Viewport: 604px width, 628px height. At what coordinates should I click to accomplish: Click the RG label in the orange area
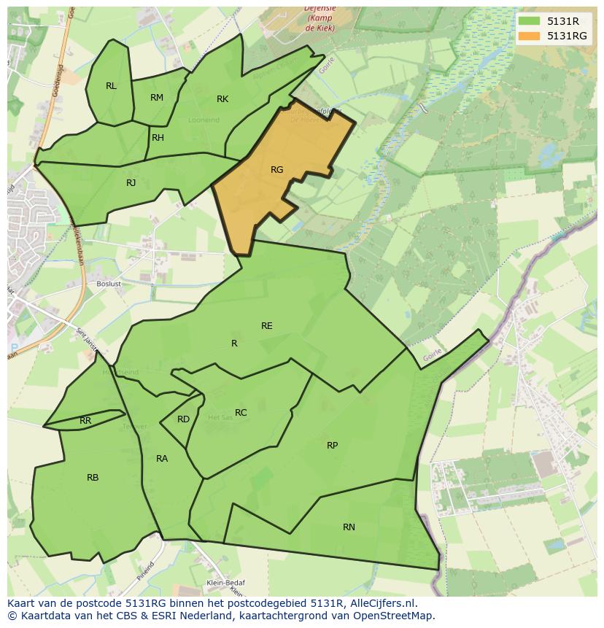[276, 170]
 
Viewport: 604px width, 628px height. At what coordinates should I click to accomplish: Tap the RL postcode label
[111, 86]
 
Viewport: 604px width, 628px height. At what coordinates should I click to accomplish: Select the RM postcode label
[157, 98]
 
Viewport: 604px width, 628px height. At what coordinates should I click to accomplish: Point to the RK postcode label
[222, 99]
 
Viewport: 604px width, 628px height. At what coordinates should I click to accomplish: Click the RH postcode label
[158, 138]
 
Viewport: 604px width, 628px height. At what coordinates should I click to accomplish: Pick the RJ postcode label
[131, 183]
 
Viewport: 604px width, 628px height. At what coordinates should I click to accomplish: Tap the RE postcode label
[267, 326]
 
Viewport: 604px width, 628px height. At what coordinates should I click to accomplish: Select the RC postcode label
[241, 413]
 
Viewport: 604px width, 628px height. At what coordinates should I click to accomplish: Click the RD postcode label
[183, 419]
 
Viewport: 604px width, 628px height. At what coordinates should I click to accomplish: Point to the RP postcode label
[332, 446]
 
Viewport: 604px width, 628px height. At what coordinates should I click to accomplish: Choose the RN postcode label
[349, 527]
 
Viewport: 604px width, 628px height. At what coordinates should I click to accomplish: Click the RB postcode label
[93, 478]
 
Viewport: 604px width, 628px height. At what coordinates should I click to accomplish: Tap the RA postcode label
[162, 459]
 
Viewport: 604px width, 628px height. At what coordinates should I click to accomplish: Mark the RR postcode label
[85, 421]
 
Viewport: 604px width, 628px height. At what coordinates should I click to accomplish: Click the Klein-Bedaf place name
[225, 583]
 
